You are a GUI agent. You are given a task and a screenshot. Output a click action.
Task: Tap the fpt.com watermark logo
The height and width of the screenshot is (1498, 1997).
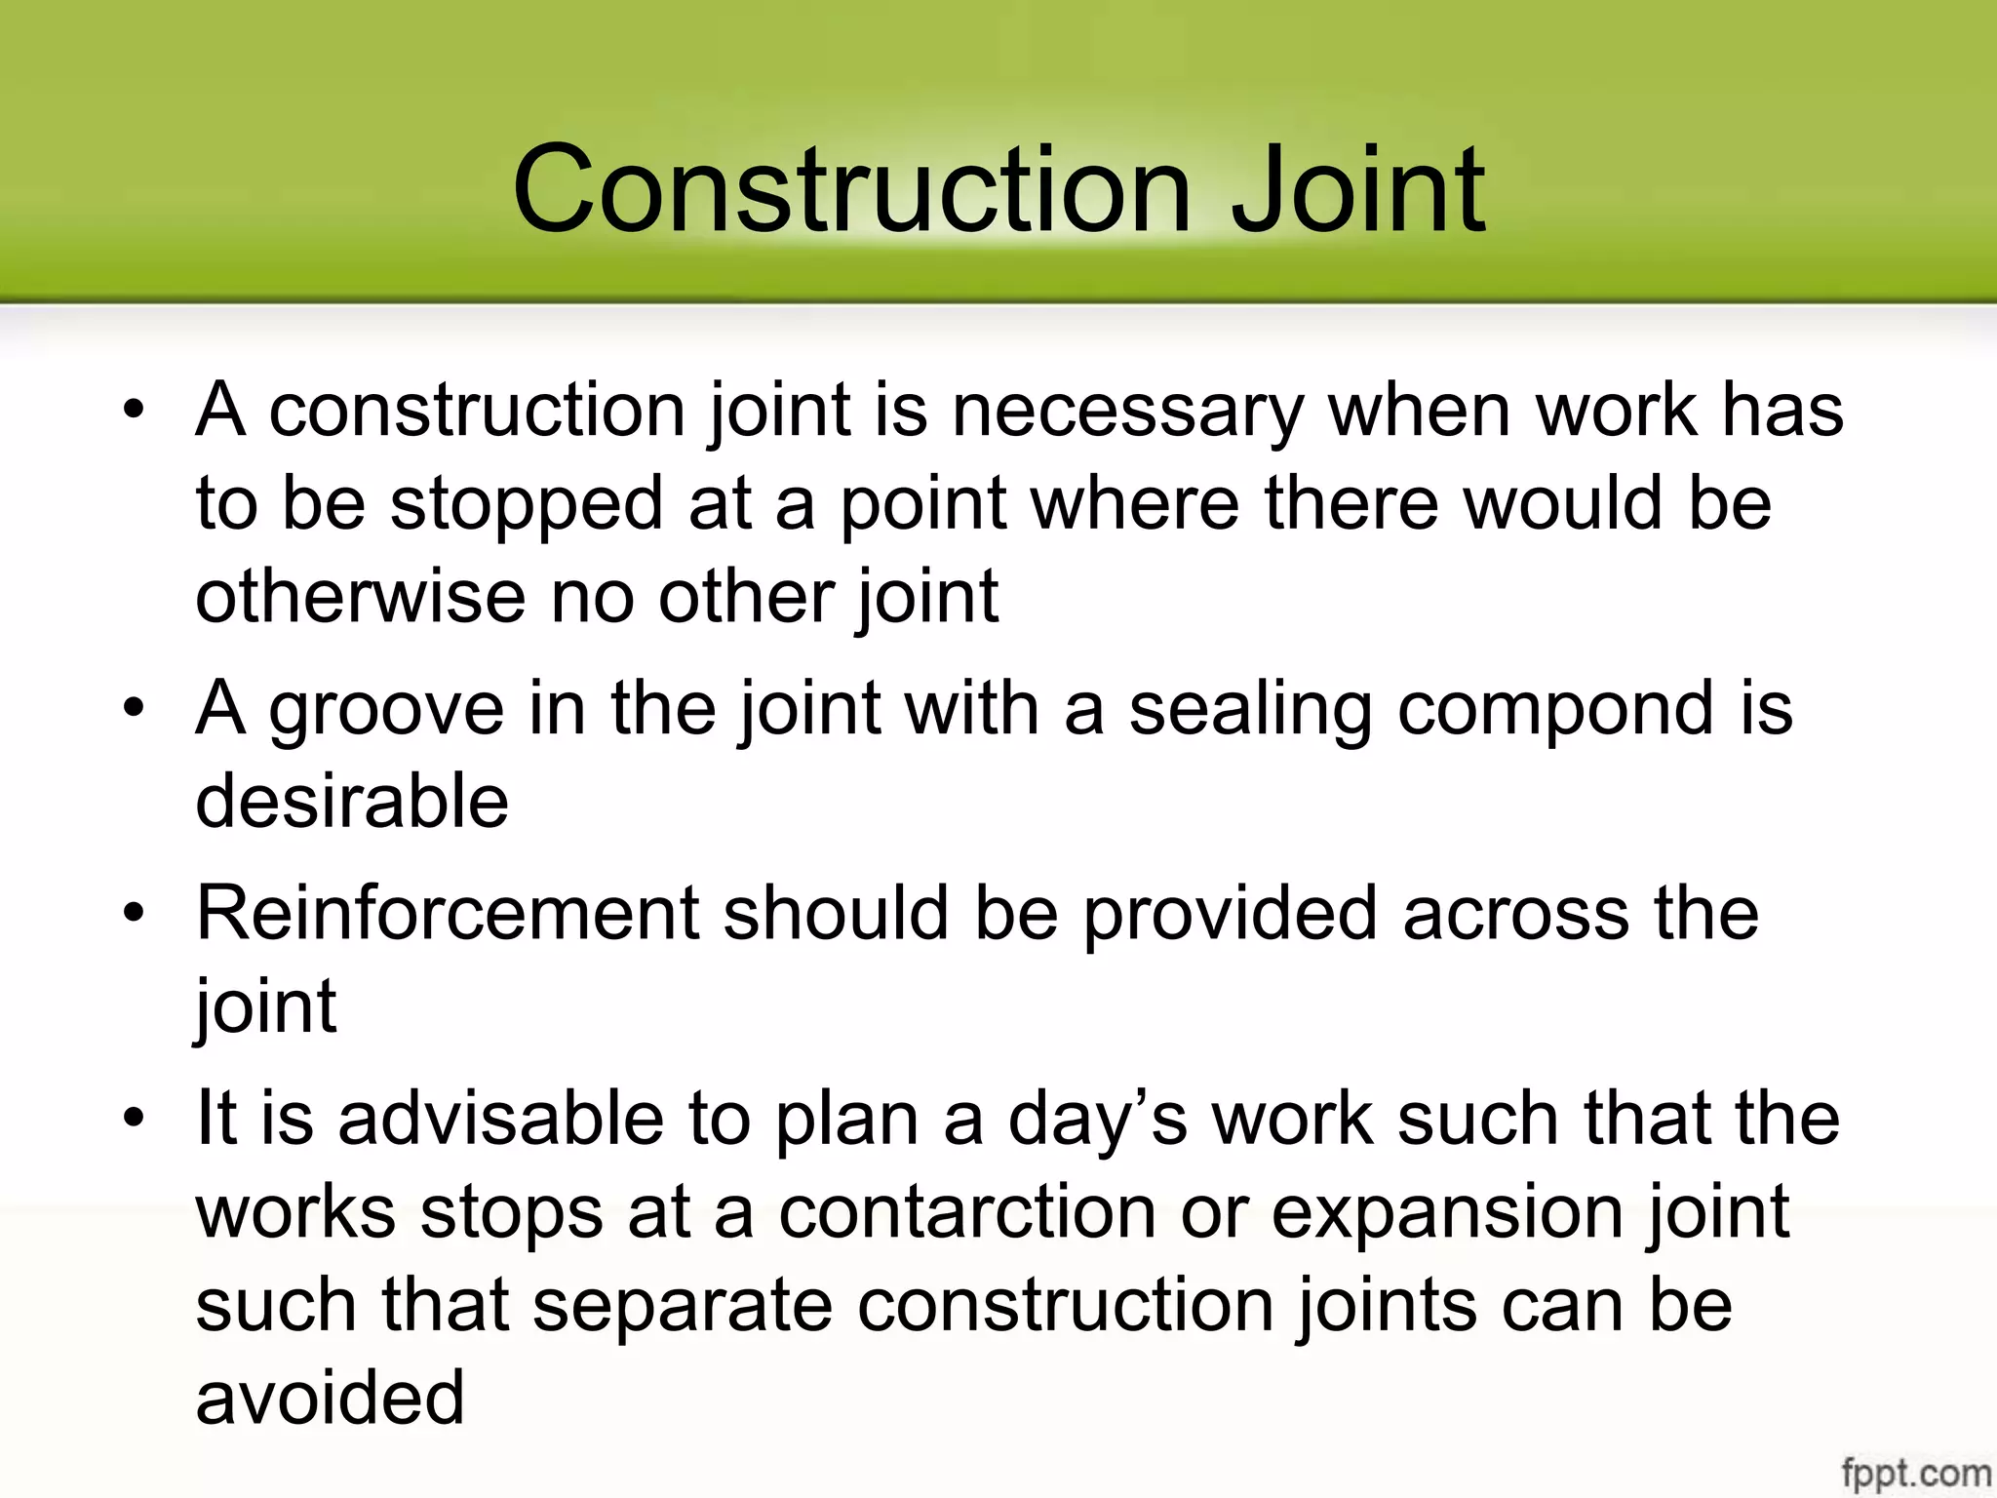[x=1915, y=1471]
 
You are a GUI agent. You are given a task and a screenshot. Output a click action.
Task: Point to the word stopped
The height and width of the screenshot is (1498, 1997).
[x=527, y=505]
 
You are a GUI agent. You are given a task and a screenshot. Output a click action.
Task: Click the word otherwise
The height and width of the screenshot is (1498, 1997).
[x=360, y=597]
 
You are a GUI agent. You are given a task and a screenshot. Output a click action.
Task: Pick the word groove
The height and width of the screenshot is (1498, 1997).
[x=386, y=709]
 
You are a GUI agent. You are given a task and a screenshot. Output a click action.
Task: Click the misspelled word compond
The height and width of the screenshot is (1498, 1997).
[x=1555, y=709]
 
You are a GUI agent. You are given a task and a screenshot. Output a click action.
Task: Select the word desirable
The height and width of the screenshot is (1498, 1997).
[x=352, y=802]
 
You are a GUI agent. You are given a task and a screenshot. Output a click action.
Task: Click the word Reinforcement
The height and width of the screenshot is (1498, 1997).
[x=448, y=914]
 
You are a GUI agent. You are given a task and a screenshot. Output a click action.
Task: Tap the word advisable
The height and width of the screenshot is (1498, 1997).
[x=500, y=1119]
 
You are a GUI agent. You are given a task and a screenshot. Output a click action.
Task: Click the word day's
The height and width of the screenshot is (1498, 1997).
[x=1097, y=1119]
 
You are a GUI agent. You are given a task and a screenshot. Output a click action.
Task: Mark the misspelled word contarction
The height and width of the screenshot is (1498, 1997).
[x=967, y=1212]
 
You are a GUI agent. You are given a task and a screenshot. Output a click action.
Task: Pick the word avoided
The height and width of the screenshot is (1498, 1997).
[x=330, y=1398]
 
